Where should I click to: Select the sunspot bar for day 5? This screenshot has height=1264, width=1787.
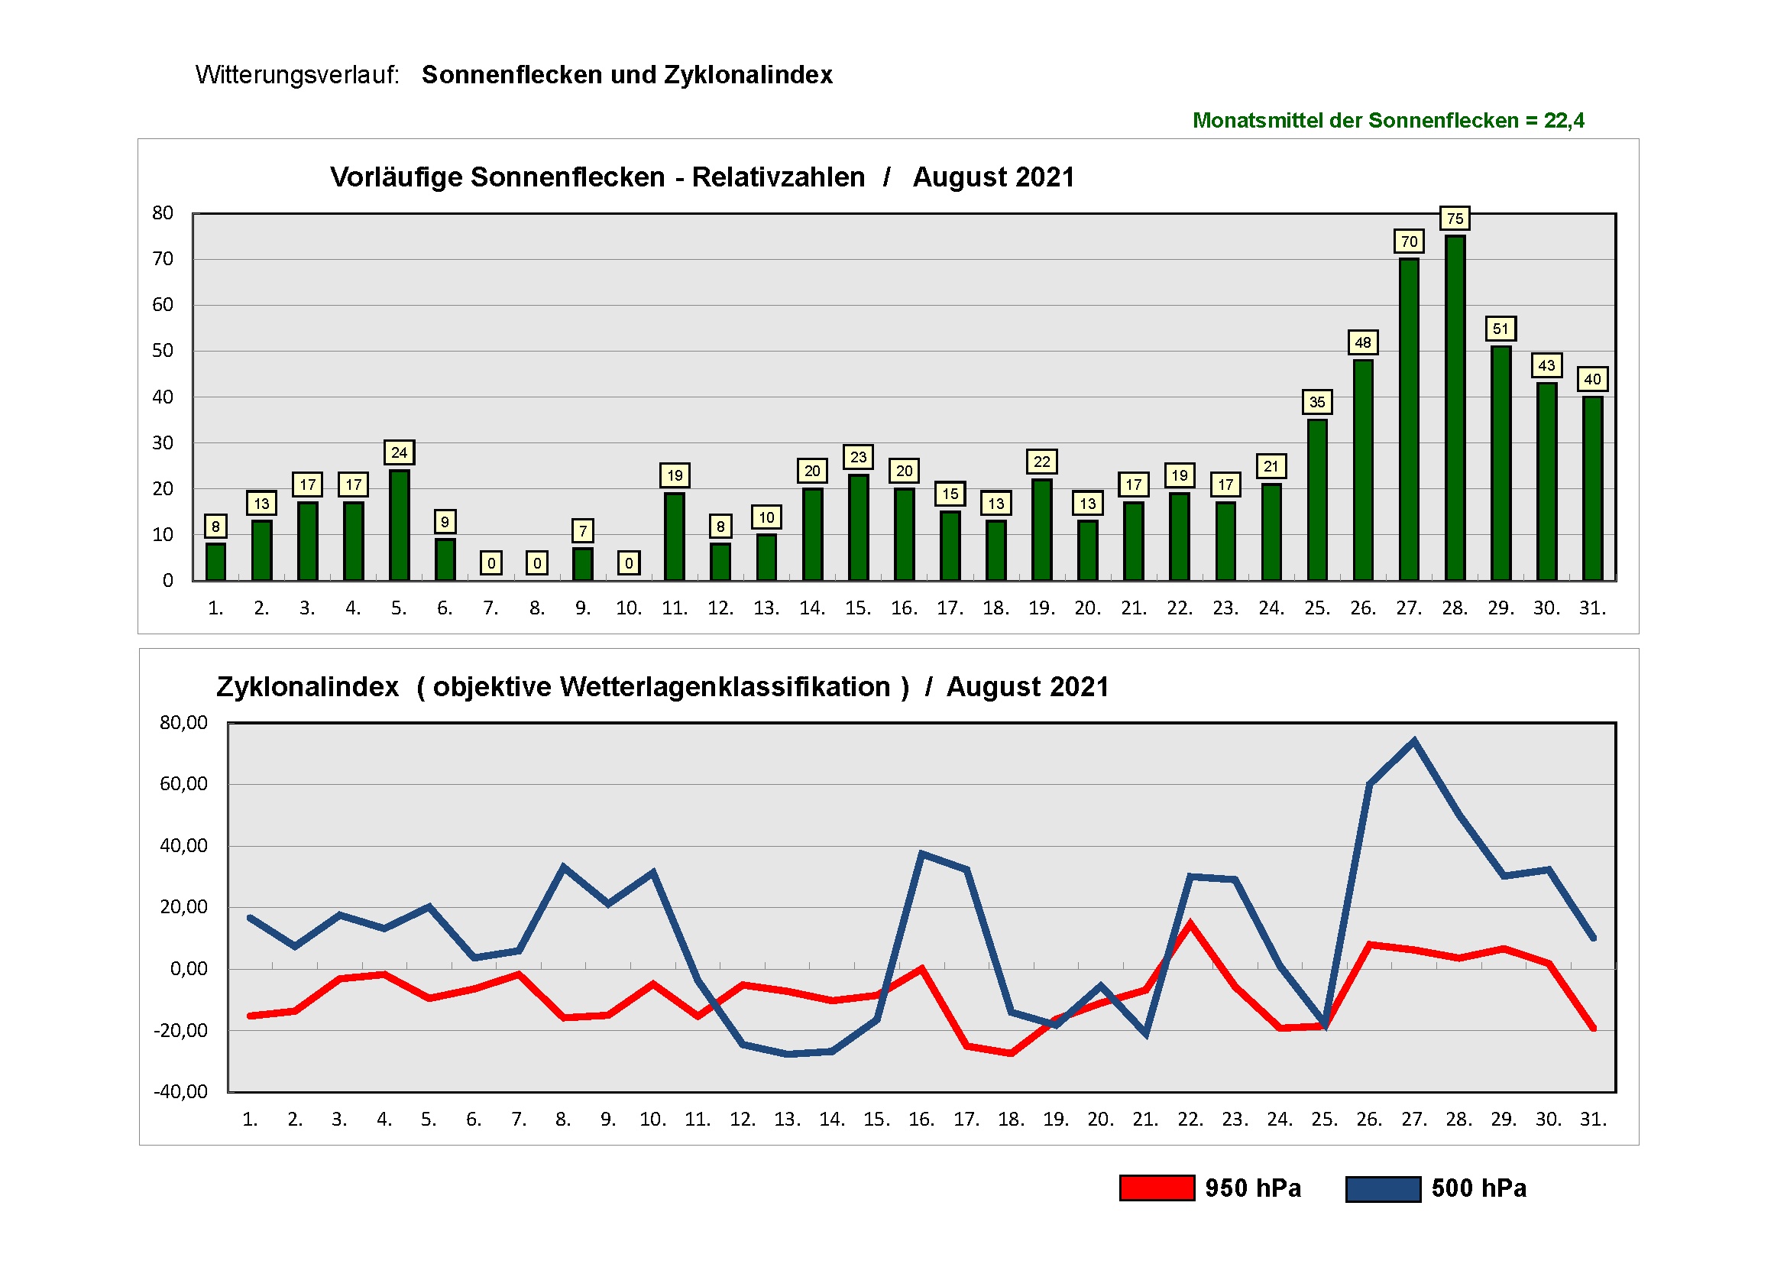click(x=399, y=525)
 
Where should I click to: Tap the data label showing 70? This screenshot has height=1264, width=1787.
click(x=1409, y=241)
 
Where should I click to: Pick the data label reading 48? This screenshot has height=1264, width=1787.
click(x=1363, y=342)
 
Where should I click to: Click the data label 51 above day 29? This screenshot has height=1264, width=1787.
click(x=1500, y=329)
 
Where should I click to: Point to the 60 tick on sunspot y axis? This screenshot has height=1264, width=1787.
click(x=163, y=304)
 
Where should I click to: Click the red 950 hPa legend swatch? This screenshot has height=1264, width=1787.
click(x=1157, y=1188)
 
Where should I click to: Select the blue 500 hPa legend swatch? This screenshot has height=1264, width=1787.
click(x=1382, y=1188)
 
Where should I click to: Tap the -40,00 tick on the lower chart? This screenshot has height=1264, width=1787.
click(x=180, y=1091)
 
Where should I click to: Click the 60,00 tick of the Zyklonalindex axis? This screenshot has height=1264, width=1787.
click(x=183, y=784)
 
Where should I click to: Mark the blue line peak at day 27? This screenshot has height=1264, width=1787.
click(x=1413, y=741)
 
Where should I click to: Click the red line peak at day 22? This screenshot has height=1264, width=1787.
click(x=1190, y=924)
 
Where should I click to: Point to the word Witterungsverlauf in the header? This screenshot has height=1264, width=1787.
click(x=296, y=75)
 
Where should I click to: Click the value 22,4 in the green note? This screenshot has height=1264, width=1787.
click(x=1565, y=121)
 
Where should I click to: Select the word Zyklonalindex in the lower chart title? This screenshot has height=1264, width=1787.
click(x=307, y=686)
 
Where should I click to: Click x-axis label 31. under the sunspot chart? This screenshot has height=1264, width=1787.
click(x=1592, y=608)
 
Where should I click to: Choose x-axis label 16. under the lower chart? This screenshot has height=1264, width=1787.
click(x=921, y=1120)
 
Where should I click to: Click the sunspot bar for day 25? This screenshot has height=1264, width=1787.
click(x=1317, y=500)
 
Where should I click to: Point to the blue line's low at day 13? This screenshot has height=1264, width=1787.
click(x=787, y=1054)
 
